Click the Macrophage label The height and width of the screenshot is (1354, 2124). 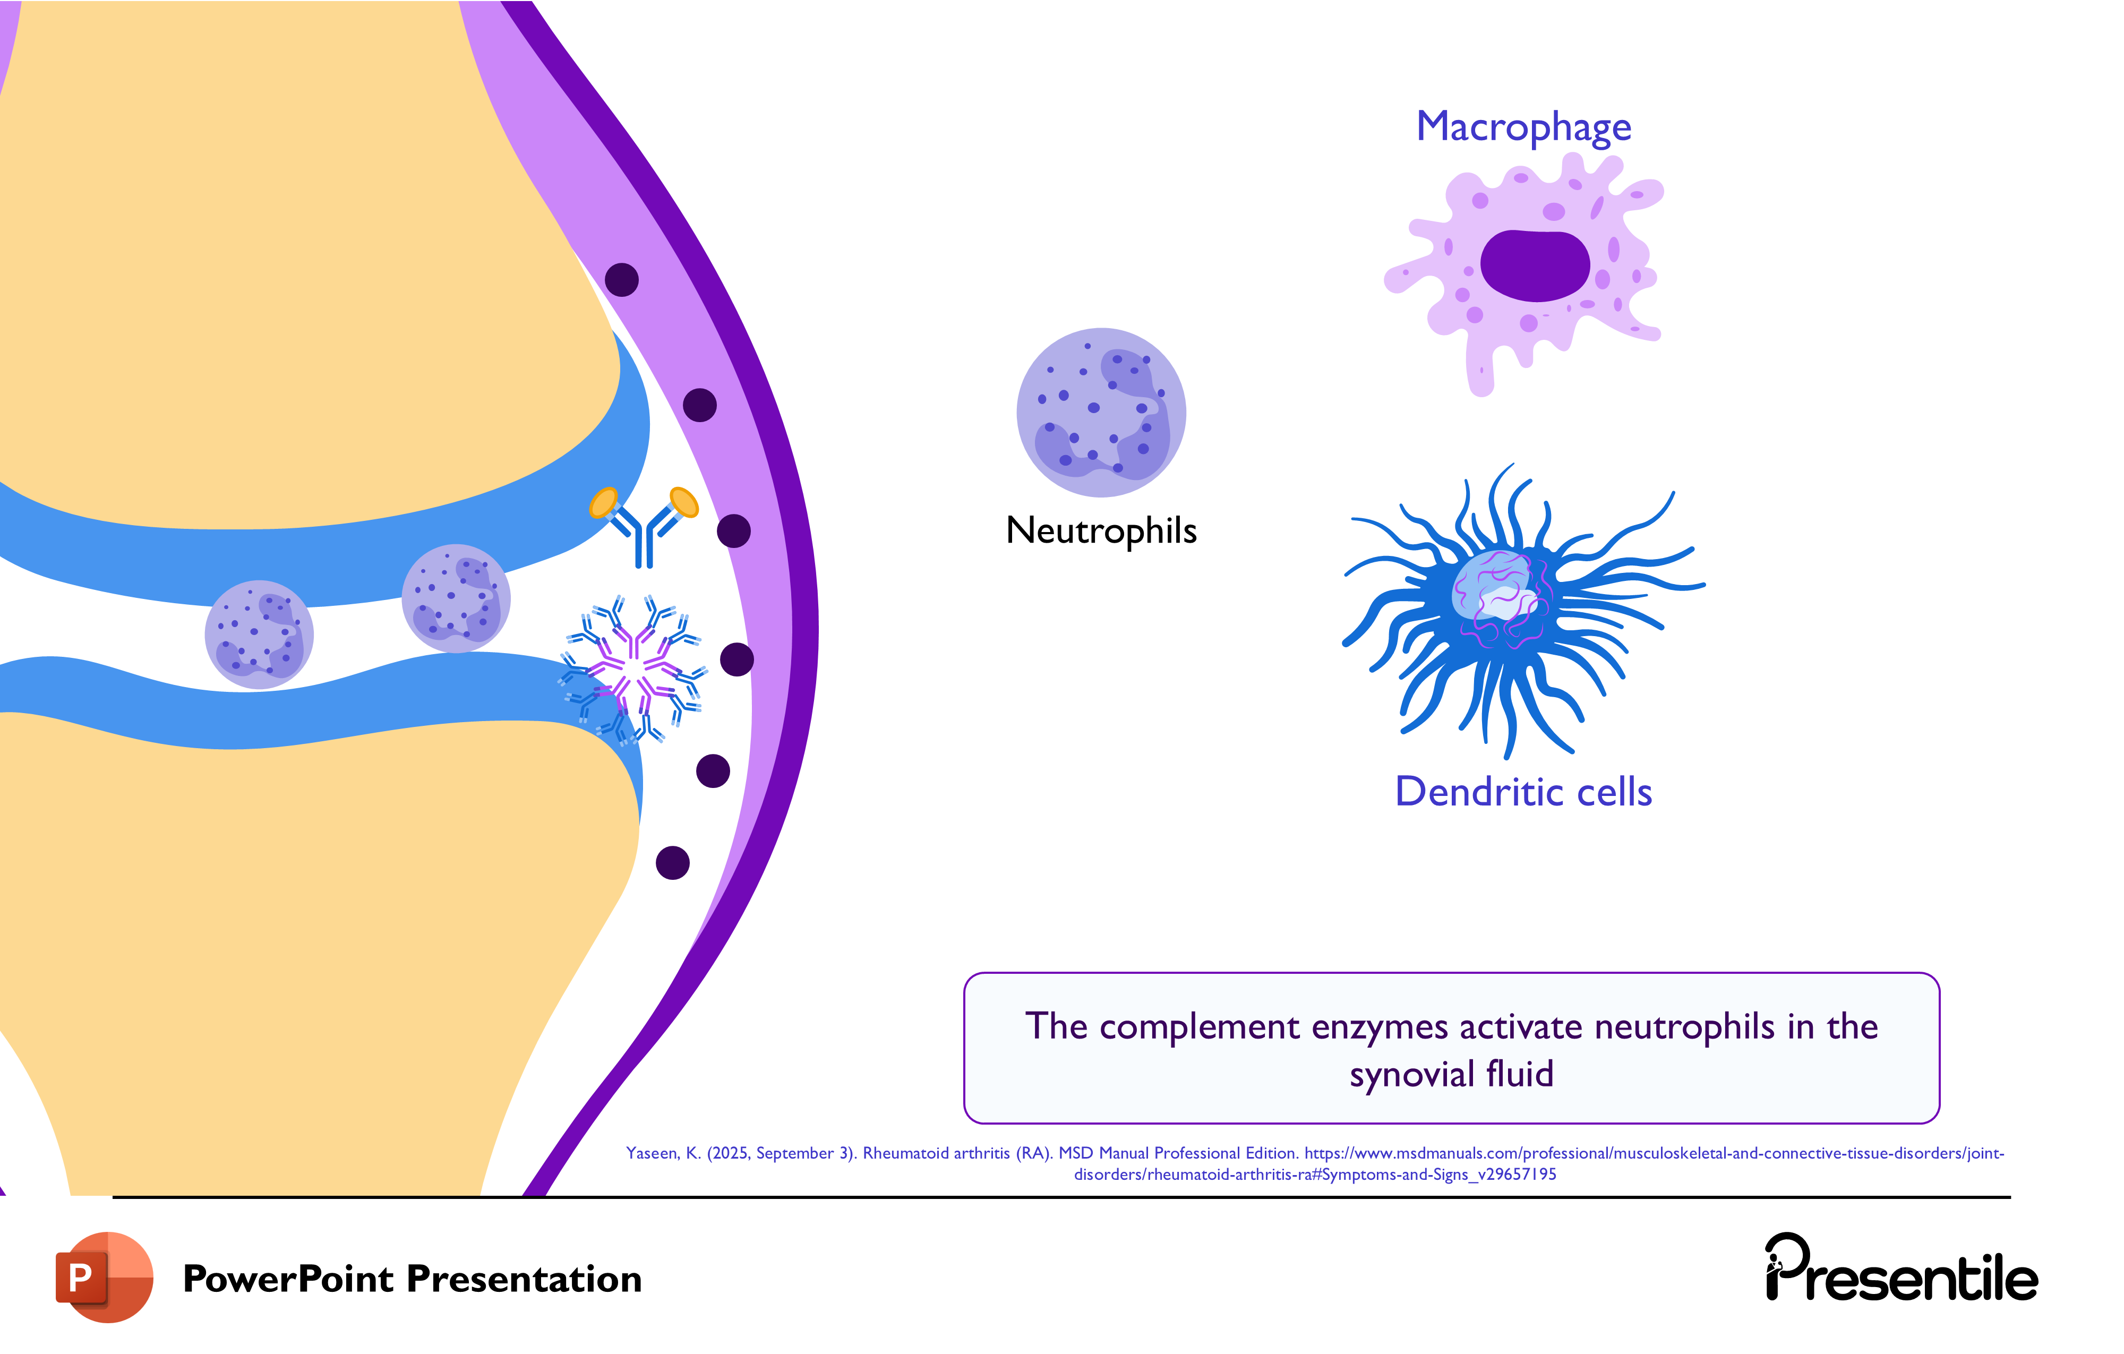[1523, 127]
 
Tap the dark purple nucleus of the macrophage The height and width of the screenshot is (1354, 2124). [1534, 264]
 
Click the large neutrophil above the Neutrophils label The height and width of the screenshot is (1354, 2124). [1101, 412]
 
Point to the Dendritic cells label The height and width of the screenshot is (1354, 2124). [1523, 791]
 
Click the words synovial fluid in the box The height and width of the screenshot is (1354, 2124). [1451, 1074]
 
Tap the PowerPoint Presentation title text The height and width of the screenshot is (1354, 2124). [412, 1279]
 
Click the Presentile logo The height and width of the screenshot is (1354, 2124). [1901, 1270]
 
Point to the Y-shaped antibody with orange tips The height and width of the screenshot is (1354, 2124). [645, 527]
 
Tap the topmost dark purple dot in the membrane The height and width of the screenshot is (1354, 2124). [622, 280]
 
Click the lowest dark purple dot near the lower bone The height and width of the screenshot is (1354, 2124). [672, 863]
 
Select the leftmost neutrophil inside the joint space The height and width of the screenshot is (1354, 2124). [259, 634]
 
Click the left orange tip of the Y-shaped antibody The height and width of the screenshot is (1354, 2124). [603, 502]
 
